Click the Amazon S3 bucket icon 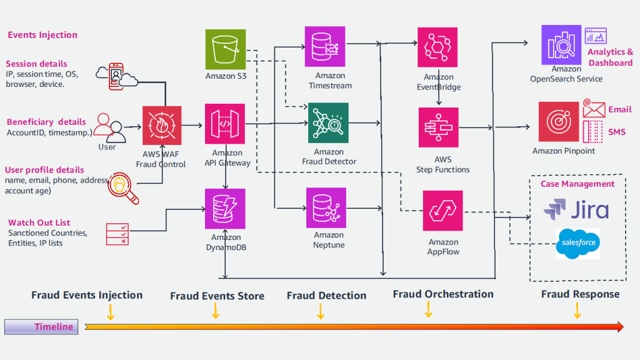(x=226, y=49)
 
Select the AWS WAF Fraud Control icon (x=162, y=126)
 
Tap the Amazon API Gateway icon (x=226, y=124)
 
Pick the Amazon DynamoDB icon (x=226, y=209)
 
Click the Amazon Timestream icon (x=325, y=47)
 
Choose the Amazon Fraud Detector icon (x=328, y=123)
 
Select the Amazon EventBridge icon (x=438, y=47)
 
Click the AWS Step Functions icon (x=438, y=127)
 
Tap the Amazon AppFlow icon (x=443, y=211)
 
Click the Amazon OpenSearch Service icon (x=561, y=45)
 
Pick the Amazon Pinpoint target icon (x=559, y=122)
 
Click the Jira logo (x=576, y=209)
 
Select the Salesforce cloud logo (x=577, y=243)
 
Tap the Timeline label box (x=41, y=327)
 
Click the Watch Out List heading (x=39, y=222)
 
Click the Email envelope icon (x=594, y=109)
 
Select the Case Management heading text (x=577, y=184)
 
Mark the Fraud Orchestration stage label (x=443, y=294)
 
